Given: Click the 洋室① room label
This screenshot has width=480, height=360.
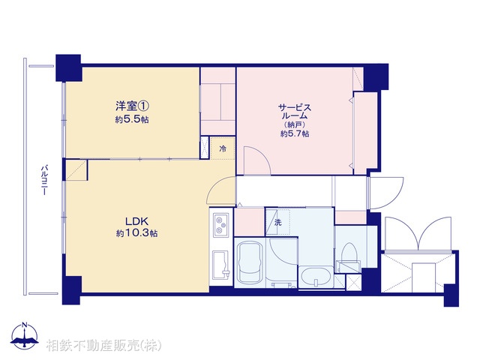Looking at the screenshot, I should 131,107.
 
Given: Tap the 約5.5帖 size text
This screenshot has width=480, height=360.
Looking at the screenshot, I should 131,120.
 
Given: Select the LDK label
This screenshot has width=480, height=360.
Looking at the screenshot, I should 136,220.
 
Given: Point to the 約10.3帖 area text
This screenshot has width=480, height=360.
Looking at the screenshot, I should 136,233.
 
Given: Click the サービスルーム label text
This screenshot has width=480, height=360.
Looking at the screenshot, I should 295,112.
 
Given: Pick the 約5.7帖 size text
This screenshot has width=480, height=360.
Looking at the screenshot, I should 295,133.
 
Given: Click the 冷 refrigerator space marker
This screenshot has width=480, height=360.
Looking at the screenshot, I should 222,148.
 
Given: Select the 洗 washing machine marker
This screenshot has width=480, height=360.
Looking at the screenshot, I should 277,222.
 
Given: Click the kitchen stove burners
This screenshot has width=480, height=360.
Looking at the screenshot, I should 222,223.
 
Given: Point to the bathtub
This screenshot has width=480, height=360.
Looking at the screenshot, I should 249,262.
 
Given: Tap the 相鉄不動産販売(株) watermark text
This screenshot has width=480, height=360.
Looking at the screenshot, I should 103,346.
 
